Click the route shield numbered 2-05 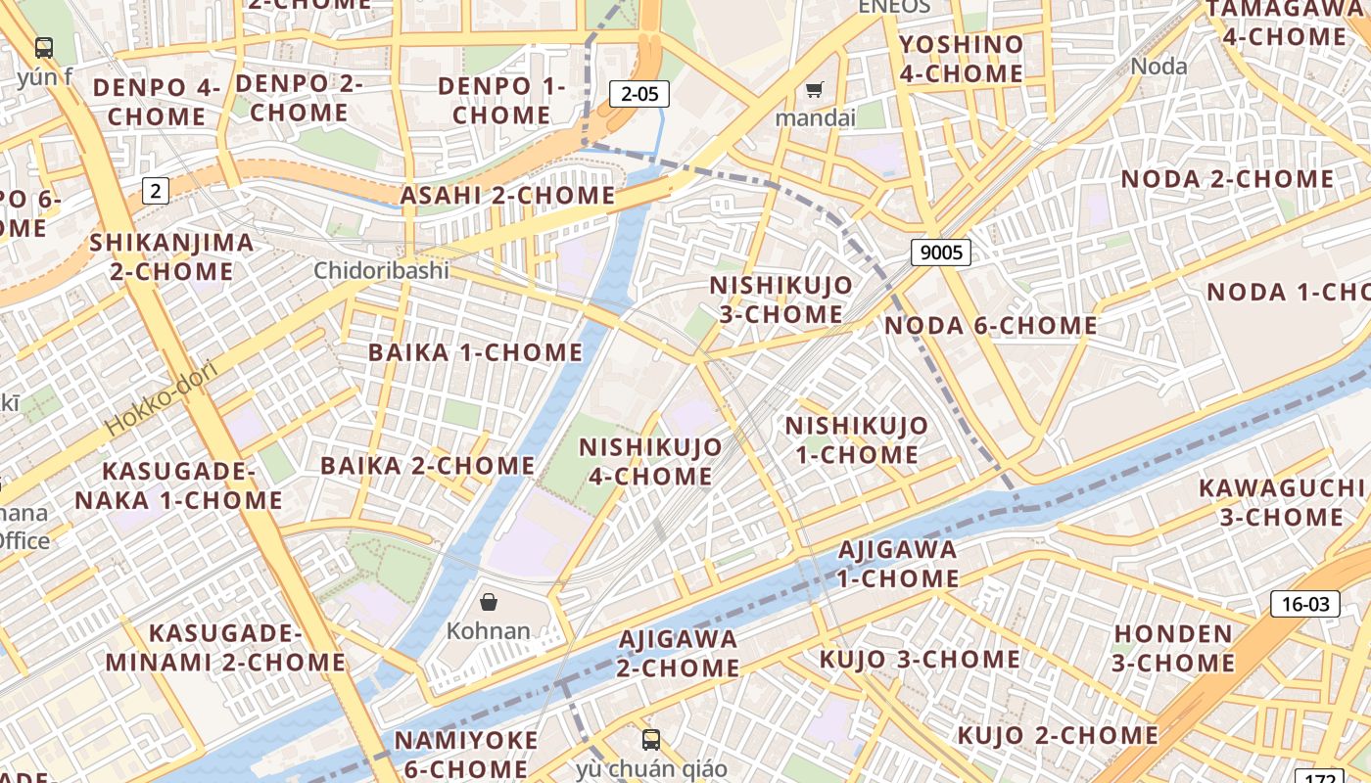click(639, 94)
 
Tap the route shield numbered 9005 click(941, 253)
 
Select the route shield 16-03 click(1305, 604)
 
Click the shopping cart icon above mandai click(814, 91)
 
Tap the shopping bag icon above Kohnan click(489, 602)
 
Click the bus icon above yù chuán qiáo click(651, 739)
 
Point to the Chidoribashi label click(381, 270)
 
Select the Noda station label click(1158, 67)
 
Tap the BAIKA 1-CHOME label click(475, 352)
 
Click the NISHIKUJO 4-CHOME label click(650, 461)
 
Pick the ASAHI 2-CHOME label click(507, 195)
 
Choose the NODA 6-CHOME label click(990, 325)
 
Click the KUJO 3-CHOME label click(920, 659)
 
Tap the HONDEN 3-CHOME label click(1173, 648)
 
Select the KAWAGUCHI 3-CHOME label click(1271, 502)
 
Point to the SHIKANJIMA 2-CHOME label click(171, 256)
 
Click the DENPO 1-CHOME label click(501, 100)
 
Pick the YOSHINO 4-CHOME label click(961, 59)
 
